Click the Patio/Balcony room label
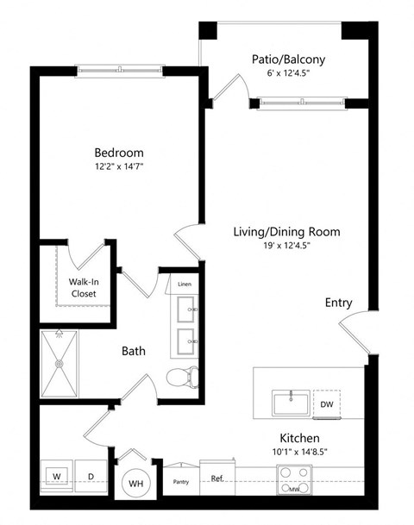click(x=288, y=59)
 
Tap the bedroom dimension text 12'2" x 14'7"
click(x=118, y=167)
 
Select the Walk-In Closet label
click(x=83, y=287)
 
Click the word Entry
click(x=337, y=303)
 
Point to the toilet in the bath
click(x=184, y=376)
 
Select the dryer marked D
click(x=90, y=475)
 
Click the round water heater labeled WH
click(x=135, y=484)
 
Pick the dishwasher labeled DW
click(x=326, y=403)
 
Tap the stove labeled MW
click(x=294, y=480)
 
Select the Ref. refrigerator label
click(x=217, y=478)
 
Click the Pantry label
click(x=181, y=483)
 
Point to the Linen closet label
click(x=185, y=284)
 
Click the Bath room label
click(x=133, y=351)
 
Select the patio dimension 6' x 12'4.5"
click(x=288, y=73)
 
